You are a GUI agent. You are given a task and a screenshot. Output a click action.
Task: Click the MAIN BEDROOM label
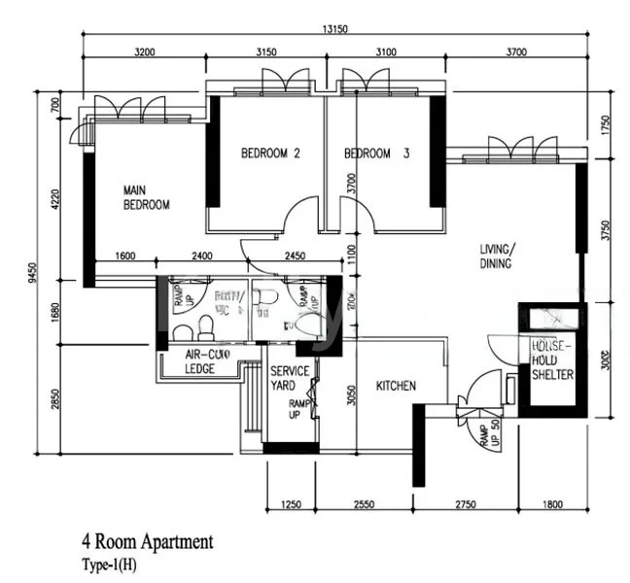pos(146,197)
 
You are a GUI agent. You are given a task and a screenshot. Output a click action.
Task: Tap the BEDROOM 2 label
pos(269,154)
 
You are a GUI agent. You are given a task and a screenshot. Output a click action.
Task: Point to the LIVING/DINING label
pos(497,257)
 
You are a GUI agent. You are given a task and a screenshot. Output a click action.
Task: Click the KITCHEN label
pos(396,386)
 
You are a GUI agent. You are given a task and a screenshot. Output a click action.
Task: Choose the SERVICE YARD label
pos(290,378)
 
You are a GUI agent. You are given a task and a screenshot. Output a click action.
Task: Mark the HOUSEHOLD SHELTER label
pos(551,360)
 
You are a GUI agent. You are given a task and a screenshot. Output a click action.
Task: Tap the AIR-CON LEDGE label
pos(208,361)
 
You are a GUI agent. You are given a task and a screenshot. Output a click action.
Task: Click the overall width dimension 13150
pos(335,28)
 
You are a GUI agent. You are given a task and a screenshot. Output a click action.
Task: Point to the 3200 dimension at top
pos(146,51)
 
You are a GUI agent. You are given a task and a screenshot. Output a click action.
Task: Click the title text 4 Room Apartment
pos(147,540)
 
